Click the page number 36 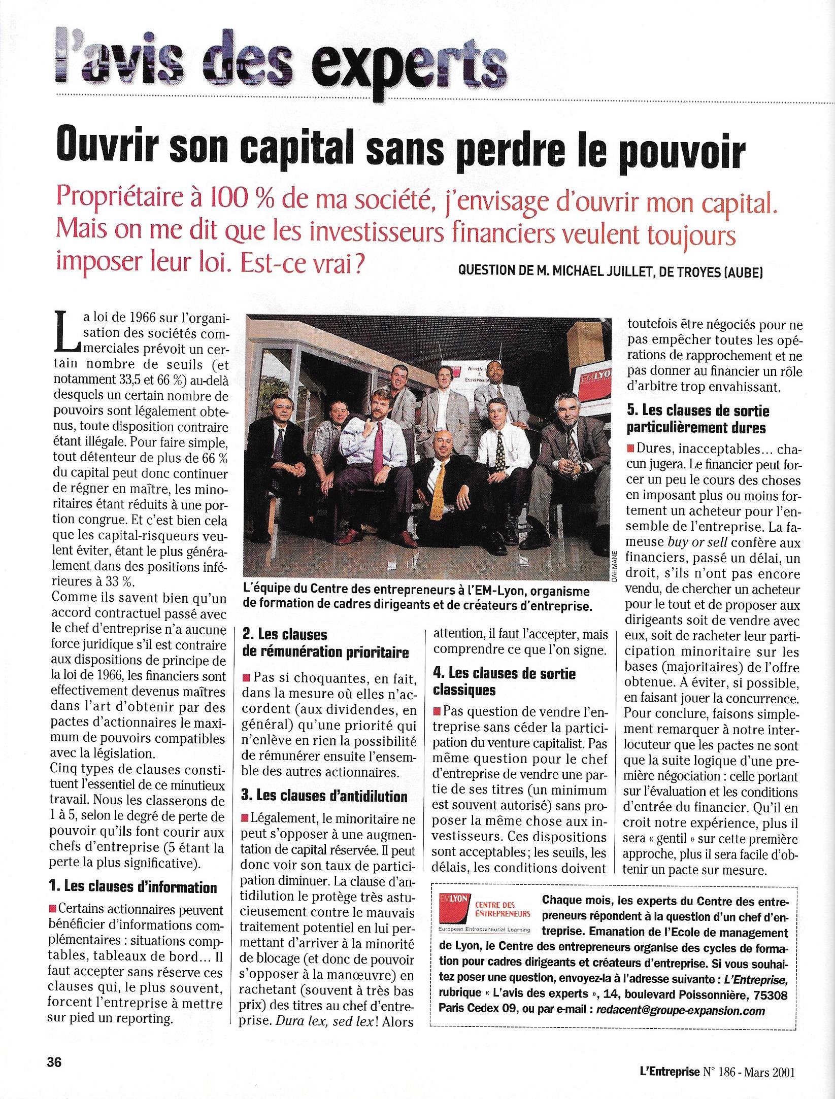[x=54, y=1062]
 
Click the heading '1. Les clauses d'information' [x=132, y=887]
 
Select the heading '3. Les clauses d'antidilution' [x=324, y=796]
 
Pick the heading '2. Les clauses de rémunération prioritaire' [x=325, y=643]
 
